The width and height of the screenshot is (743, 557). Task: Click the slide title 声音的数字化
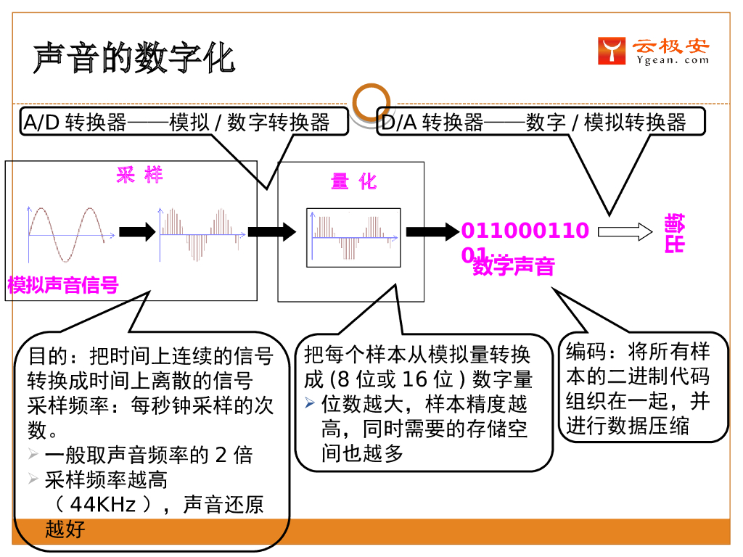[134, 58]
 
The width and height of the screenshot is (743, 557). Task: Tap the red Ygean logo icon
[611, 51]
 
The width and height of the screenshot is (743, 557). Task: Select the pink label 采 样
[139, 175]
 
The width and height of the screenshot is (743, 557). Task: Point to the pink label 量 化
[353, 181]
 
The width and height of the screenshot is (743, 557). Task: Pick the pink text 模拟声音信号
[63, 285]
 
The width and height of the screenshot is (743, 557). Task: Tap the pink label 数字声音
[513, 266]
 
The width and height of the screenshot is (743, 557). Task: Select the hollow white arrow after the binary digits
[625, 231]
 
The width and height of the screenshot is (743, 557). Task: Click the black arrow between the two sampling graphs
[137, 232]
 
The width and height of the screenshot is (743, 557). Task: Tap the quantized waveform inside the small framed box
[353, 237]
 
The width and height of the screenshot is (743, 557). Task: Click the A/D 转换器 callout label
[177, 123]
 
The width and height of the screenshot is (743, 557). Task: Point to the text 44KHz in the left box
[102, 504]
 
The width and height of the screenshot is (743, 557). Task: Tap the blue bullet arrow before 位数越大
[310, 403]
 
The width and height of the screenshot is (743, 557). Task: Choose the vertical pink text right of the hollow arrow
[674, 233]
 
